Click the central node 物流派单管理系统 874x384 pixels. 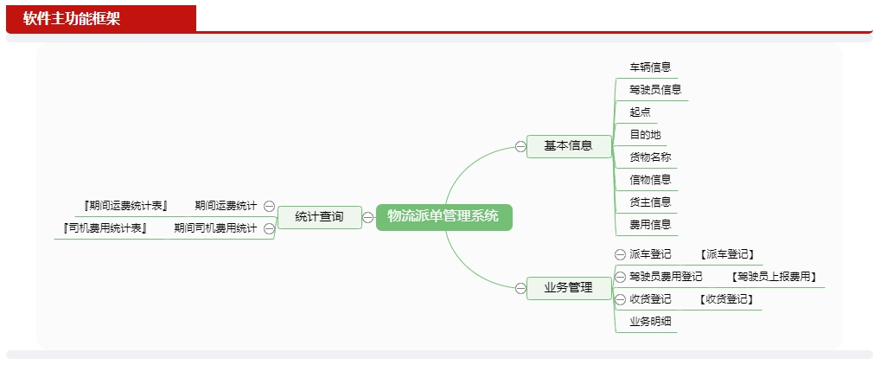click(x=443, y=217)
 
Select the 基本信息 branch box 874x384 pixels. click(x=569, y=146)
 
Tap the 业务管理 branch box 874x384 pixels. click(x=569, y=288)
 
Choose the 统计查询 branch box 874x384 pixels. click(x=319, y=217)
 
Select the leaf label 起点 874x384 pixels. click(x=640, y=112)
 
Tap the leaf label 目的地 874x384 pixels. click(x=645, y=134)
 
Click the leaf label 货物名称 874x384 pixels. click(x=650, y=157)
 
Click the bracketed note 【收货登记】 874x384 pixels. click(x=726, y=299)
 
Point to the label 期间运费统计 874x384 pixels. click(x=226, y=206)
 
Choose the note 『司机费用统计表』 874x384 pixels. click(x=105, y=228)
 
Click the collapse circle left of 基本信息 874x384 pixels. click(x=520, y=146)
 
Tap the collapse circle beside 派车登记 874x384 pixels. click(x=620, y=254)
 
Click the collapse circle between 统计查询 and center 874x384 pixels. click(x=368, y=217)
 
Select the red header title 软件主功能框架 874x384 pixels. click(x=72, y=18)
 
